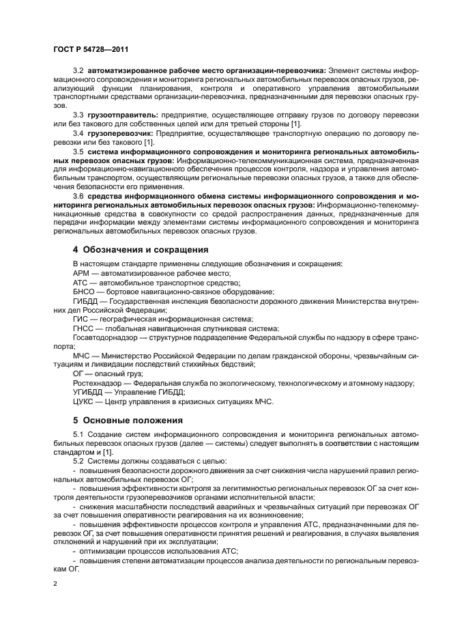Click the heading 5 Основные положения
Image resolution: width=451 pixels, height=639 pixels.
(119, 420)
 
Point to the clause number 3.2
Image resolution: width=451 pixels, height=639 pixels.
(78, 70)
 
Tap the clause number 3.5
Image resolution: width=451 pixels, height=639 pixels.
(78, 151)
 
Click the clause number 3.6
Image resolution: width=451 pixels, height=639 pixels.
(78, 195)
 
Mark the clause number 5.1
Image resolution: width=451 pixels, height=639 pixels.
(78, 434)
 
